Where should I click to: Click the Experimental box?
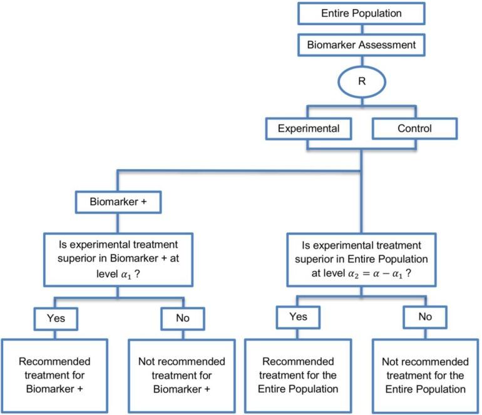point(309,129)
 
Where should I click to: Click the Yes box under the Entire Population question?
point(299,317)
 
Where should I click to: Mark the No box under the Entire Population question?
point(426,317)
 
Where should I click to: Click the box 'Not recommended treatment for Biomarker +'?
point(181,375)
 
